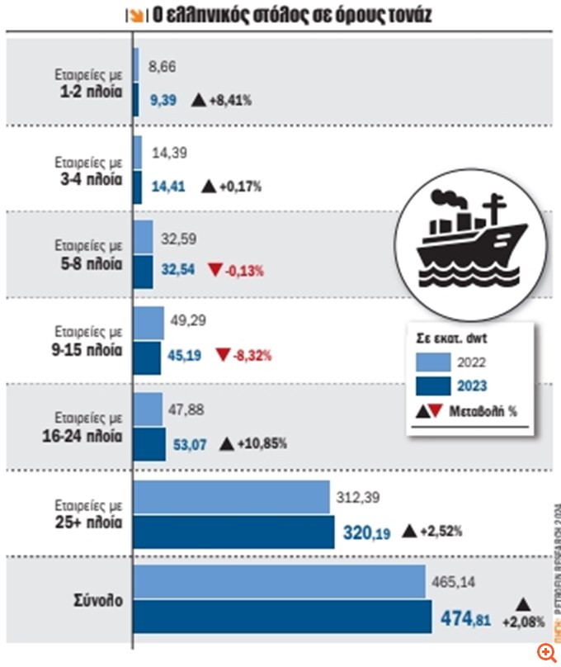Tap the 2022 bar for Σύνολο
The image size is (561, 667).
[x=279, y=582]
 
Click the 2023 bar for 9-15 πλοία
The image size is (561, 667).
[x=147, y=357]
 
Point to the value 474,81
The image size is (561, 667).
[x=466, y=617]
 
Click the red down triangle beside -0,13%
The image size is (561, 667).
[x=216, y=269]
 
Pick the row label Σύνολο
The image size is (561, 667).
[x=101, y=600]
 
